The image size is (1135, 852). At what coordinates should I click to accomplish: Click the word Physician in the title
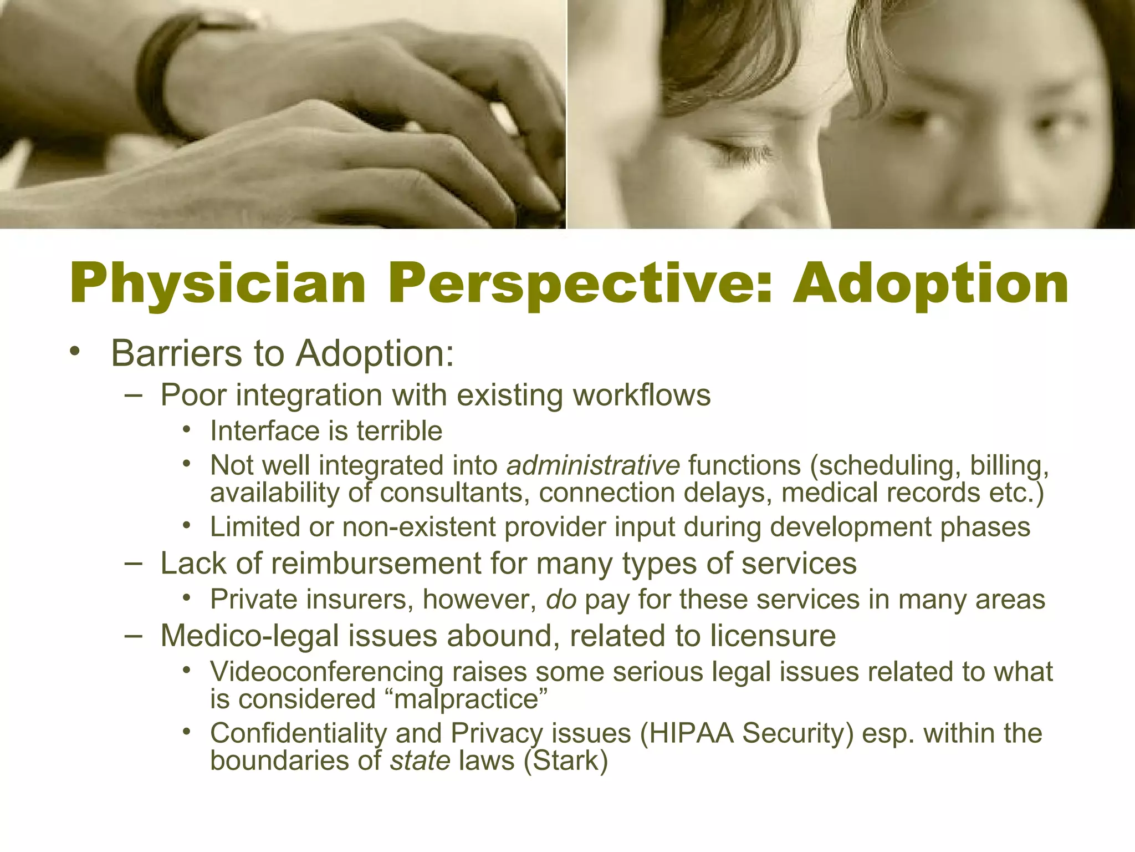point(218,284)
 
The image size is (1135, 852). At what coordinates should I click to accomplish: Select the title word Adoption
point(931,284)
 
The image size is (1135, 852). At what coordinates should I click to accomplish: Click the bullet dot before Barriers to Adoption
point(75,352)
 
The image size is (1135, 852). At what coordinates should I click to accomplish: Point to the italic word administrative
point(592,465)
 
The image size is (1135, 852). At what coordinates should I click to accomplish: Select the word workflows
point(641,395)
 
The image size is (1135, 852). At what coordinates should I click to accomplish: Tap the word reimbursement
point(376,564)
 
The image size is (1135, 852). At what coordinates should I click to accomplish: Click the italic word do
point(561,600)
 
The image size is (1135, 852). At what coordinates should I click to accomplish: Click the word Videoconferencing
point(326,672)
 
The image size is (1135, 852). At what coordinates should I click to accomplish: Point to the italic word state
point(420,760)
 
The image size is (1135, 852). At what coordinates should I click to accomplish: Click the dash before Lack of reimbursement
point(134,564)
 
